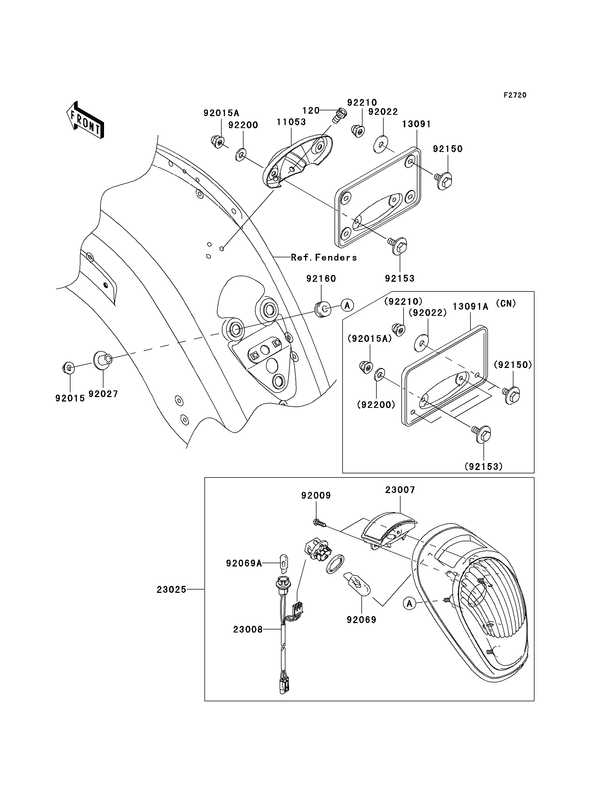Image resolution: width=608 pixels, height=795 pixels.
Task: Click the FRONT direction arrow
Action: click(85, 120)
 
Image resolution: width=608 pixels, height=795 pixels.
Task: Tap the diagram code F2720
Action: click(515, 95)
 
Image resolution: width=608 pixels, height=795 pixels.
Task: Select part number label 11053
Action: click(291, 122)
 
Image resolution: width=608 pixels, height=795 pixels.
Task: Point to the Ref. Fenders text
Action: click(324, 257)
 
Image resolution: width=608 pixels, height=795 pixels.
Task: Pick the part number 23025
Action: click(171, 590)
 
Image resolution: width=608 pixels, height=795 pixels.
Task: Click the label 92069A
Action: click(244, 563)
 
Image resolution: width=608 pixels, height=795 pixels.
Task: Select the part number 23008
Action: click(248, 629)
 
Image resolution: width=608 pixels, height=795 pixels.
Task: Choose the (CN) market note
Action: click(506, 303)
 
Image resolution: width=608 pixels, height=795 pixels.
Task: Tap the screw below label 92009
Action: click(320, 522)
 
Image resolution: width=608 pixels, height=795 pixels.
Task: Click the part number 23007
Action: click(400, 490)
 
